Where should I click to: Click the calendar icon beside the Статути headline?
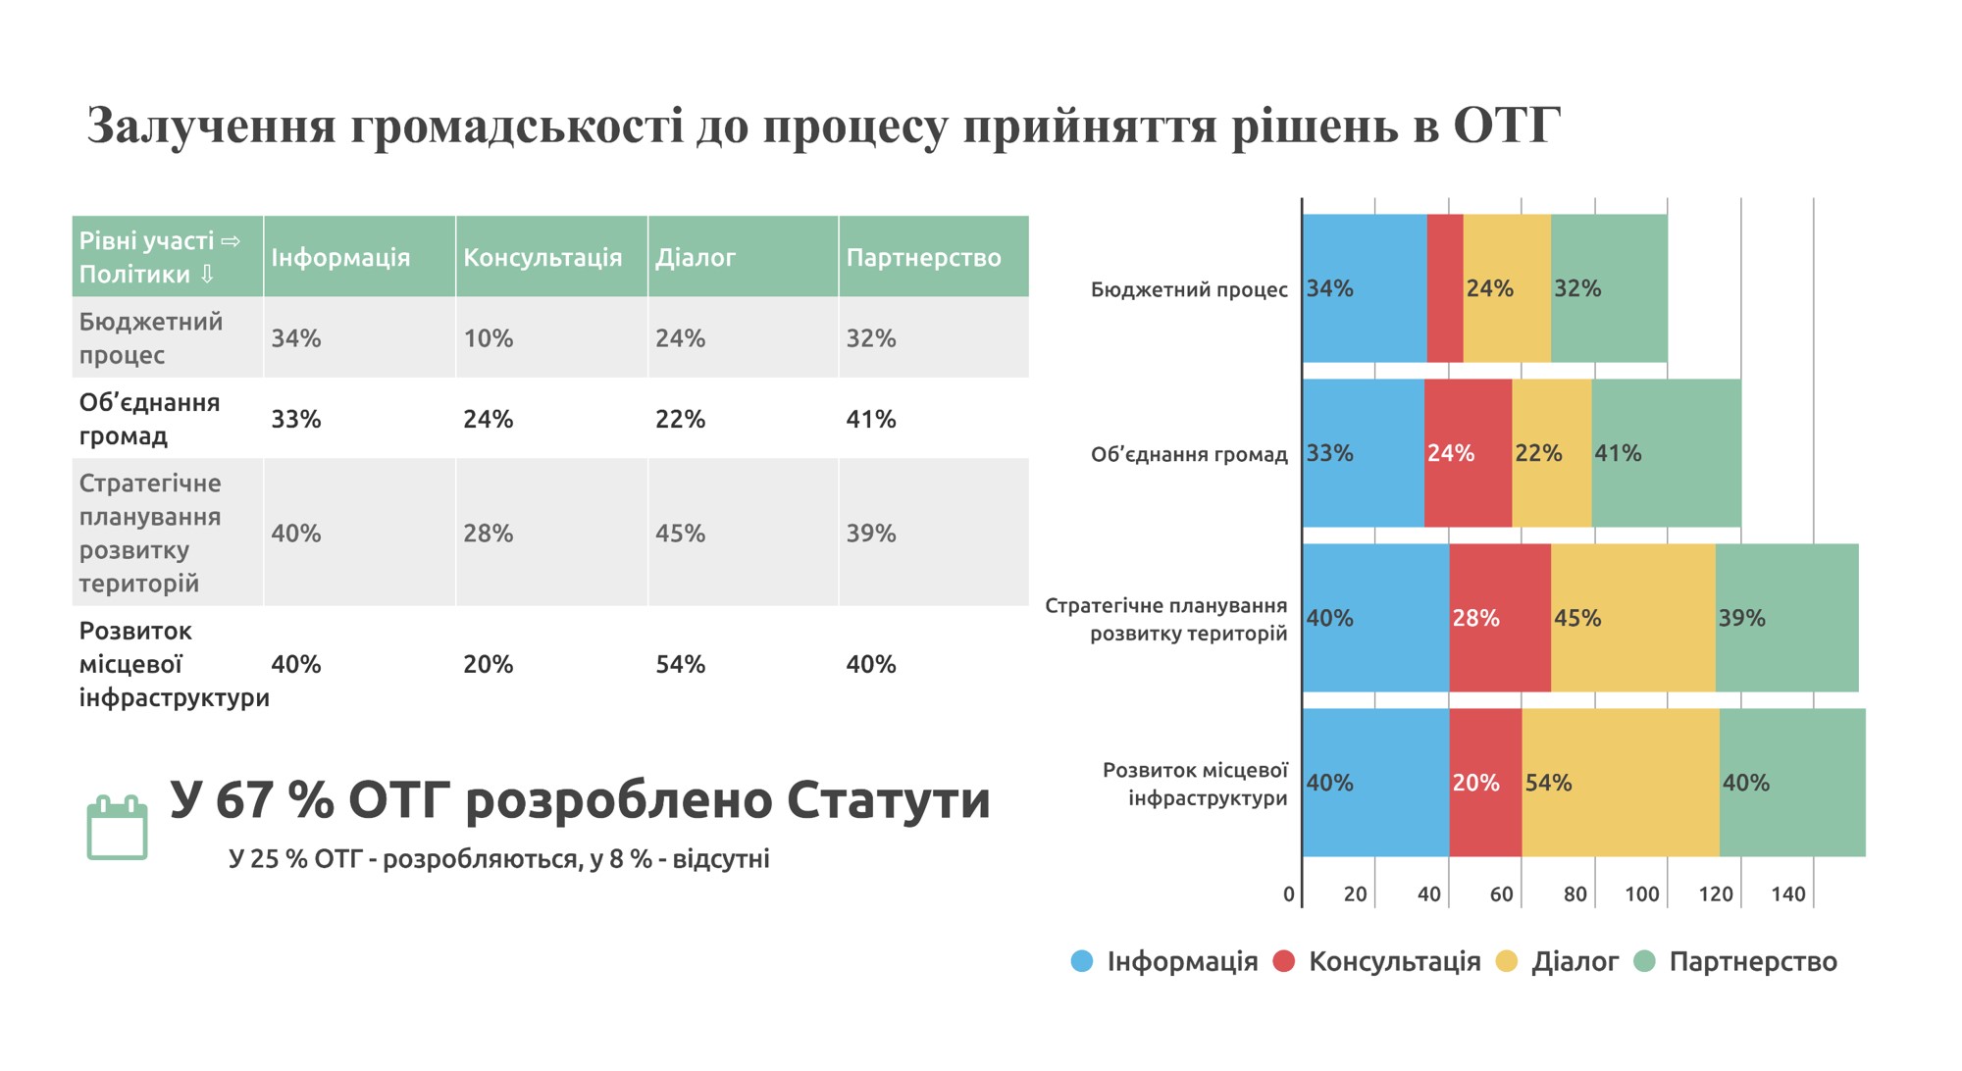coord(117,829)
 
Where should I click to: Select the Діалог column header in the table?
coord(696,258)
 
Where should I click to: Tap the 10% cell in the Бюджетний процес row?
coord(489,338)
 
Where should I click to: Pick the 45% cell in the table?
coord(680,534)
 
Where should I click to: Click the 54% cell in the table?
coord(680,664)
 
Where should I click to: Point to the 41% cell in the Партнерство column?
coord(871,420)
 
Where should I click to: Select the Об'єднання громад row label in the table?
coord(149,419)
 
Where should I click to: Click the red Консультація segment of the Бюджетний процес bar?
coord(1445,288)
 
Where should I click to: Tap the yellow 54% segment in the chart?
coord(1621,783)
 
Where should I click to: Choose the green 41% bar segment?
coord(1666,453)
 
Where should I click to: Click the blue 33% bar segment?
coord(1364,453)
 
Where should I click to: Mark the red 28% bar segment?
coord(1499,618)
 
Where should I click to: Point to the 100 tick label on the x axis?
coord(1642,894)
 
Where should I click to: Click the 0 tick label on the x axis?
coord(1288,894)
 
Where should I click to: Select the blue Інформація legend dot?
coord(1082,961)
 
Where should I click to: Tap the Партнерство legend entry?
coord(1752,961)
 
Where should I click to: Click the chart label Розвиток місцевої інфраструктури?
coord(1195,784)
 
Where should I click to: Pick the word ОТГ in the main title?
coord(1506,126)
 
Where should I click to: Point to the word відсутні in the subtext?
coord(721,859)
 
